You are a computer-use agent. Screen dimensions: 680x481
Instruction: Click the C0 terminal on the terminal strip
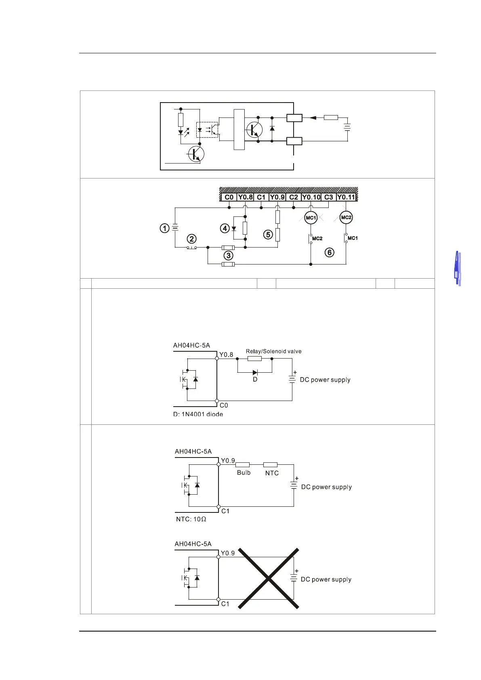pyautogui.click(x=229, y=197)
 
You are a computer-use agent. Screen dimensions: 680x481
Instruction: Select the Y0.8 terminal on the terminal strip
pyautogui.click(x=245, y=197)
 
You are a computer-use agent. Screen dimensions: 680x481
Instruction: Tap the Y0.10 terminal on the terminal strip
pyautogui.click(x=311, y=197)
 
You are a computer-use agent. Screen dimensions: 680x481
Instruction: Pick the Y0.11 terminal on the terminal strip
pyautogui.click(x=346, y=197)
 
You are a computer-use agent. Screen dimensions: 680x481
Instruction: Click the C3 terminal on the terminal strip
pyautogui.click(x=329, y=197)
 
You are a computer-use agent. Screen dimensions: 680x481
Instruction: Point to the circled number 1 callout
pyautogui.click(x=164, y=229)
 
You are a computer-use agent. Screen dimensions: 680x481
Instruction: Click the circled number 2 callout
pyautogui.click(x=192, y=239)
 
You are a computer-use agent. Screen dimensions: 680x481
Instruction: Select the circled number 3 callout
pyautogui.click(x=229, y=256)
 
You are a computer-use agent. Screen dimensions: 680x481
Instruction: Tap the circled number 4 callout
pyautogui.click(x=225, y=229)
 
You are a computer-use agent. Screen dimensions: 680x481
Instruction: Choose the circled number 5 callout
pyautogui.click(x=269, y=234)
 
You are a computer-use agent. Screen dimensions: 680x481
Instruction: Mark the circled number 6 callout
pyautogui.click(x=330, y=253)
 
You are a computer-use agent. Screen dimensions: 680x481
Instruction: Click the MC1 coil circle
pyautogui.click(x=311, y=218)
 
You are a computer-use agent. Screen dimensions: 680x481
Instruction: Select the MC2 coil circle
pyautogui.click(x=346, y=217)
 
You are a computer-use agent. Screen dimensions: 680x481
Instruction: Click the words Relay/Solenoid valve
pyautogui.click(x=274, y=351)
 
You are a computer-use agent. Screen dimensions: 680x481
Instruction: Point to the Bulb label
pyautogui.click(x=244, y=473)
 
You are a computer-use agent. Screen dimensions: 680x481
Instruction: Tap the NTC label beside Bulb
pyautogui.click(x=272, y=473)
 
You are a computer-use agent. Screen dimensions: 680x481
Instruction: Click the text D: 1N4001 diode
pyautogui.click(x=198, y=414)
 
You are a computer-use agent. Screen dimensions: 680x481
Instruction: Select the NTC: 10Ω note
pyautogui.click(x=191, y=519)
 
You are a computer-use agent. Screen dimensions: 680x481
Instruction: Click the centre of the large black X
pyautogui.click(x=268, y=578)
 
